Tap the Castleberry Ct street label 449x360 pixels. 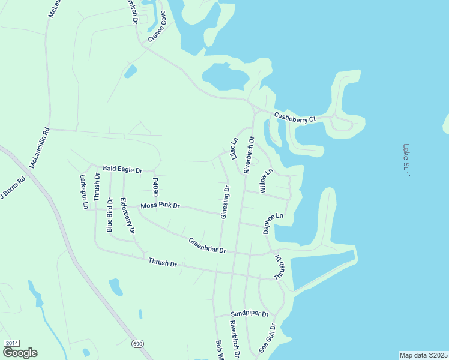295,118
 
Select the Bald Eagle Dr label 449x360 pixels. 122,170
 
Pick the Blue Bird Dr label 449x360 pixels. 110,215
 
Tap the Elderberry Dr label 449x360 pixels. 127,215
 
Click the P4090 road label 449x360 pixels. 155,188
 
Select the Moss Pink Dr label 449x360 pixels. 160,206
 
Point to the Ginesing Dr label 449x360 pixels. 225,201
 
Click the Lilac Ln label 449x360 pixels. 232,149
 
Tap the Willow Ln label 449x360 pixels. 265,181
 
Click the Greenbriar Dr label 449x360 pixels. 206,245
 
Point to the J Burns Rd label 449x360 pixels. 13,188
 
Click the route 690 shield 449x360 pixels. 138,343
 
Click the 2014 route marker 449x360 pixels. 11,343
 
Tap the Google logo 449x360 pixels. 20,353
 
